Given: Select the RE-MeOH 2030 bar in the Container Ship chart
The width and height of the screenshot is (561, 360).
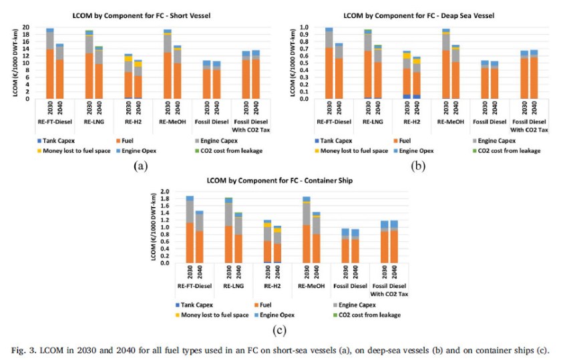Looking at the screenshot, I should point(307,230).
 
